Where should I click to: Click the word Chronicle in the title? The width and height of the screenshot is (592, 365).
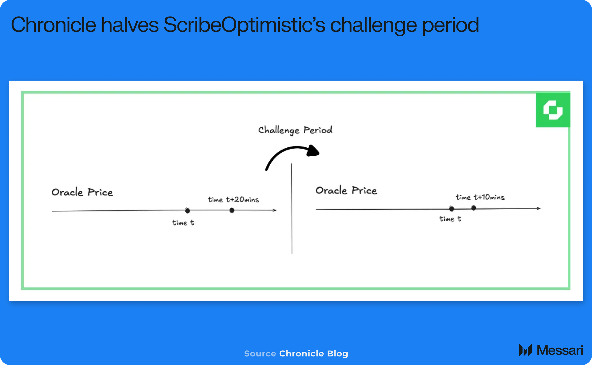coord(53,25)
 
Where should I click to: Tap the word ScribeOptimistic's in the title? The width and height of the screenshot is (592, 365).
coord(244,25)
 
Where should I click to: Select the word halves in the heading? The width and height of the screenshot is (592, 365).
coord(130,25)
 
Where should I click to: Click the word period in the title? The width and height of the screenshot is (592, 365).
coord(450,26)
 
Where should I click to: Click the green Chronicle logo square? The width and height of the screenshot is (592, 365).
coord(553,110)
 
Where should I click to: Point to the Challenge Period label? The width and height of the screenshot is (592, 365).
coord(295,130)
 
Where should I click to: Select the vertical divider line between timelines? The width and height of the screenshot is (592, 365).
coord(292,208)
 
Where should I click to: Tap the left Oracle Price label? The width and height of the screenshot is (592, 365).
coord(82,192)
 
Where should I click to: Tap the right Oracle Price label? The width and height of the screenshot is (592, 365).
coord(346,190)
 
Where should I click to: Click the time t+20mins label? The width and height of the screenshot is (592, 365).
coord(234,199)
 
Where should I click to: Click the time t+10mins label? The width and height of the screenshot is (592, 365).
coord(480,197)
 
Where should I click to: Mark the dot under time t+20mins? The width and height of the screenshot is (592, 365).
coord(232,210)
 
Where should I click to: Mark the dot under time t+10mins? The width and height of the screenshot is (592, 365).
coord(474,208)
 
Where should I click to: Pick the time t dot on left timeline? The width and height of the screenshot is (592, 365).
coord(187,211)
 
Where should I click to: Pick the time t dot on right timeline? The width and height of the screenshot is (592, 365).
coord(452,209)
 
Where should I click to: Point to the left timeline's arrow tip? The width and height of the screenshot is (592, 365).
coord(276,210)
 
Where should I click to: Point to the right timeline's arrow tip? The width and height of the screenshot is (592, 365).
coord(540,208)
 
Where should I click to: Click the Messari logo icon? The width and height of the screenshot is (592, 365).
coord(525,350)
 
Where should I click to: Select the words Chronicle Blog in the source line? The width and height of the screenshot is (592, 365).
coord(314,353)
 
